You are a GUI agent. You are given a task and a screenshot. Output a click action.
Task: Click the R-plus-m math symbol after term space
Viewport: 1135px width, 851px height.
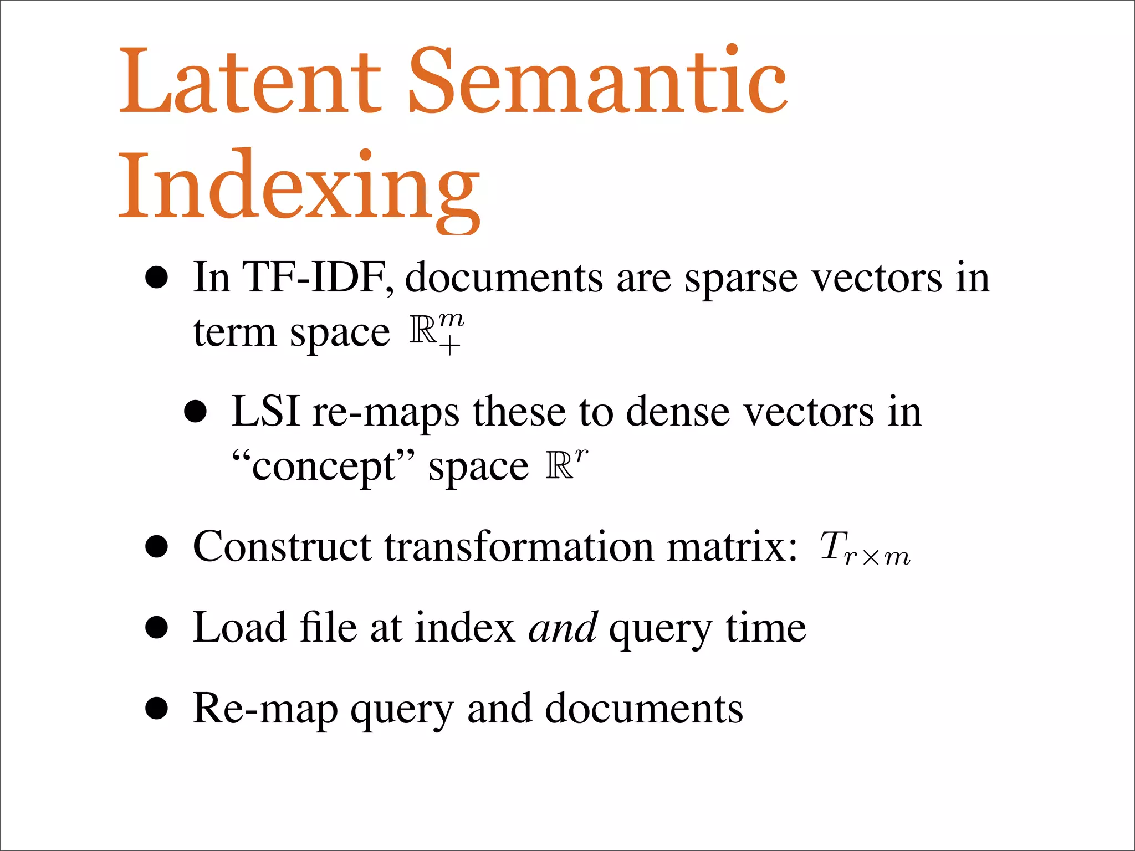point(437,332)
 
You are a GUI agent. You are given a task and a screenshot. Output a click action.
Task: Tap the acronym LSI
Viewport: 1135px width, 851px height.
point(265,412)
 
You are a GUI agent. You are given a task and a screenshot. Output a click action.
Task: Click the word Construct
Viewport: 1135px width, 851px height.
point(282,547)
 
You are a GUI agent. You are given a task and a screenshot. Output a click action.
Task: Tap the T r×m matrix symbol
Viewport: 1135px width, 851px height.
point(865,548)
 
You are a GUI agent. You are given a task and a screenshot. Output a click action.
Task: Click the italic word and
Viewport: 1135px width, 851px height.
point(563,628)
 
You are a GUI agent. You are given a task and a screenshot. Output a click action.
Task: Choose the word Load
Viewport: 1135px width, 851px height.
point(239,628)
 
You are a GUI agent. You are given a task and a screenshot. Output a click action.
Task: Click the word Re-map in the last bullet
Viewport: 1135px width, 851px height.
point(265,710)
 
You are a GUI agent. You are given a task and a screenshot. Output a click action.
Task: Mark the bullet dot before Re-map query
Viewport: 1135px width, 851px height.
point(157,709)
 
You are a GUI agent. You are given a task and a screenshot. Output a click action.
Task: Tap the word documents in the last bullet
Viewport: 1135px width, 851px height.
point(643,709)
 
